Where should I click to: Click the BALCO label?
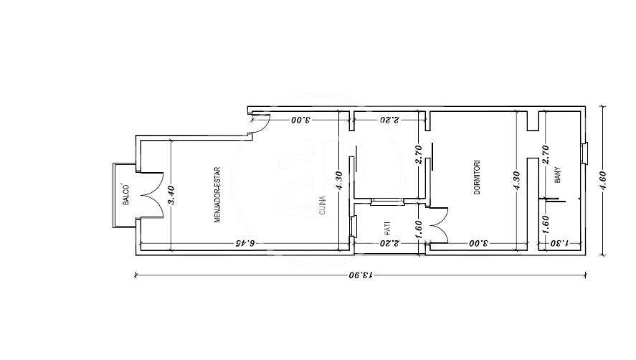coord(126,194)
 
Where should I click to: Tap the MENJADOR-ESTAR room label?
coord(217,195)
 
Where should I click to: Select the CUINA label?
coord(323,205)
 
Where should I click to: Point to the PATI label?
coord(387,229)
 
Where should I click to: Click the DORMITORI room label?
coord(477,177)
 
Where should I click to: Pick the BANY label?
coord(558,175)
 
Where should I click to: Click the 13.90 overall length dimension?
coord(361,275)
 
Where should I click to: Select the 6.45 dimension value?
coord(245,243)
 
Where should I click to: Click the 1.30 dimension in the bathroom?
coord(560,243)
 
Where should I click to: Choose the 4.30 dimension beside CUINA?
coord(339,180)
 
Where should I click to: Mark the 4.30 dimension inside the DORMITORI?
coord(516,180)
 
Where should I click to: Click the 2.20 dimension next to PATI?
coord(389,243)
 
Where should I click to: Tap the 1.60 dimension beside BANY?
coord(546,224)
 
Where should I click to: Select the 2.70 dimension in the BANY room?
coord(546,155)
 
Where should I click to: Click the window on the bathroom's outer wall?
coord(584,153)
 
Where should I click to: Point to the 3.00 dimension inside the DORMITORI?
coord(479,243)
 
